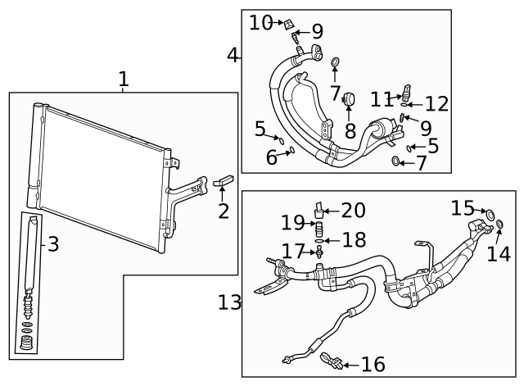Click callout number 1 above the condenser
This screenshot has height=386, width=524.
click(123, 79)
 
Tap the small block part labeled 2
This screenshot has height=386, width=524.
click(224, 182)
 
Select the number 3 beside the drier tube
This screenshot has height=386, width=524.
click(52, 243)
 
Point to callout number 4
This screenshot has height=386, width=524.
click(233, 55)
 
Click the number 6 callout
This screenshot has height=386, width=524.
click(271, 157)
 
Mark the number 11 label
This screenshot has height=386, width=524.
click(382, 99)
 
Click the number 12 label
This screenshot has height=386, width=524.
click(437, 104)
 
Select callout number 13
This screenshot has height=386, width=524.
click(230, 302)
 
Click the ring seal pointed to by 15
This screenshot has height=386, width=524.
click(491, 216)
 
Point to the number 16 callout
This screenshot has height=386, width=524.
click(373, 364)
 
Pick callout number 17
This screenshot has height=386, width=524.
click(293, 249)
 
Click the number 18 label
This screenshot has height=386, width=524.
click(354, 239)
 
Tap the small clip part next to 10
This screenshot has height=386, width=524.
click(290, 25)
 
